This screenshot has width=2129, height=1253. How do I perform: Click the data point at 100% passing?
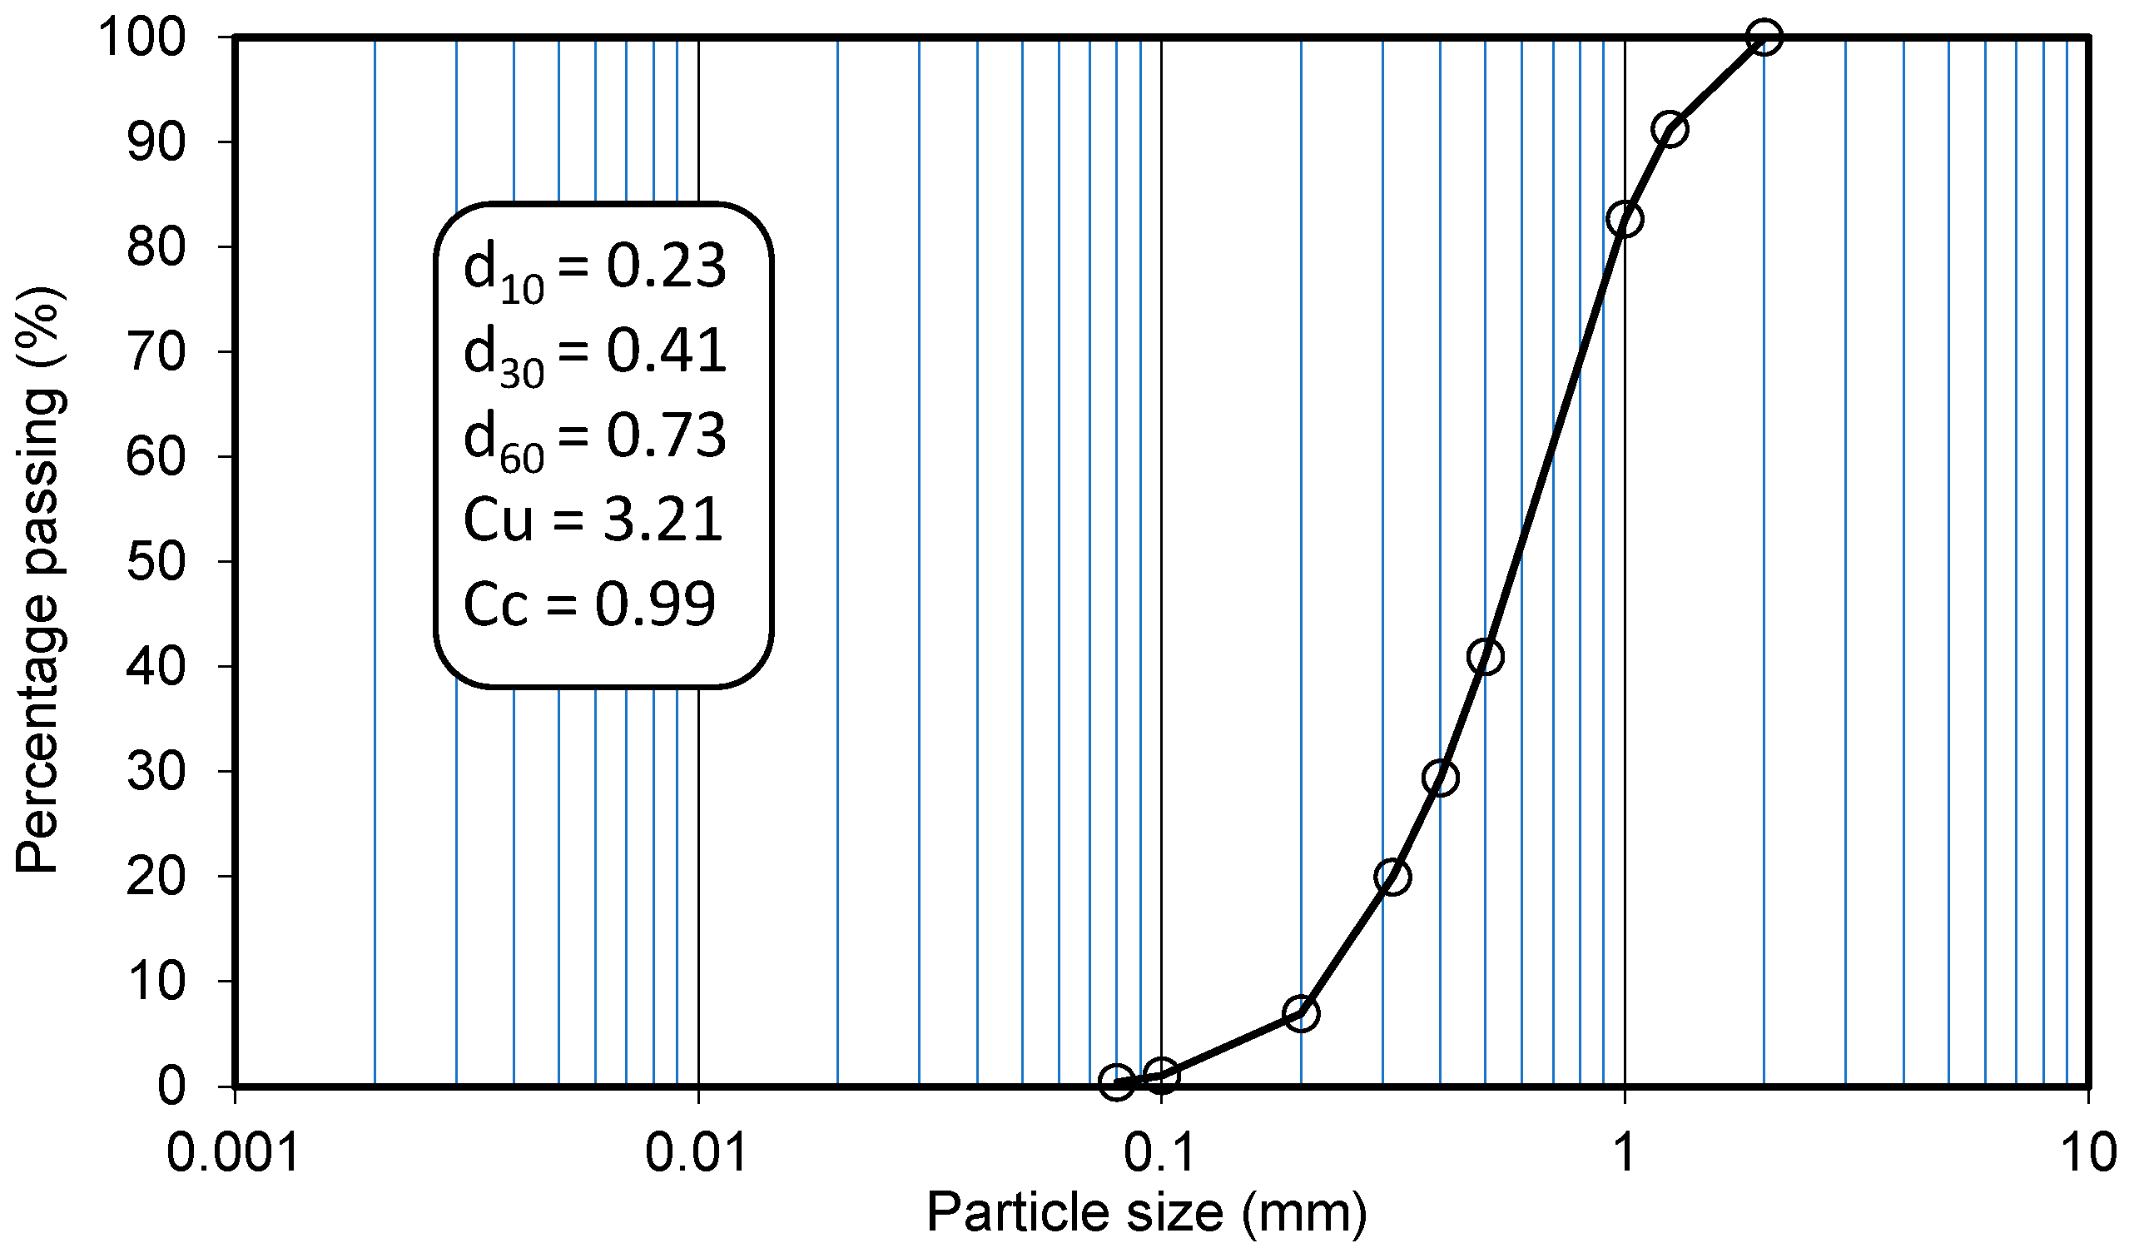pyautogui.click(x=1764, y=37)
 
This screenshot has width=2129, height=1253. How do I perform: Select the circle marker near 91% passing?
pyautogui.click(x=1670, y=129)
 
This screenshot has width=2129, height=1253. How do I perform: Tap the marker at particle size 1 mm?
pyautogui.click(x=1625, y=220)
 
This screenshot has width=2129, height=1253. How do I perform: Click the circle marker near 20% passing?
pyautogui.click(x=1392, y=877)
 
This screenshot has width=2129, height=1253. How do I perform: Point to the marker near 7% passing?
pyautogui.click(x=1301, y=1013)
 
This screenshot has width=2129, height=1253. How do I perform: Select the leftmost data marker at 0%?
pyautogui.click(x=1117, y=1082)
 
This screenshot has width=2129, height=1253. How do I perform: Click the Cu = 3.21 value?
pyautogui.click(x=593, y=519)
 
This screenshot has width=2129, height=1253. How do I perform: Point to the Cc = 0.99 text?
pyautogui.click(x=589, y=604)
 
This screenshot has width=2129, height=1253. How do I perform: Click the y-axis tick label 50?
pyautogui.click(x=156, y=561)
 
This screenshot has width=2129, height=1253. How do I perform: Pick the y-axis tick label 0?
pyautogui.click(x=171, y=1086)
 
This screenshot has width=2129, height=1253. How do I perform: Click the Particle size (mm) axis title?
pyautogui.click(x=1146, y=1213)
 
